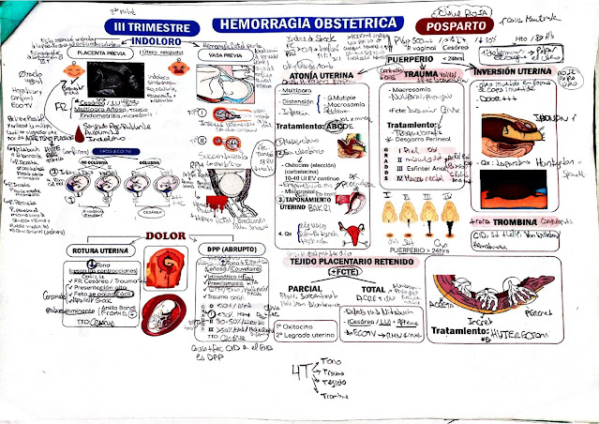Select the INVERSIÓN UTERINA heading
tap(509, 71)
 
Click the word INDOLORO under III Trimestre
tap(157, 42)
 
